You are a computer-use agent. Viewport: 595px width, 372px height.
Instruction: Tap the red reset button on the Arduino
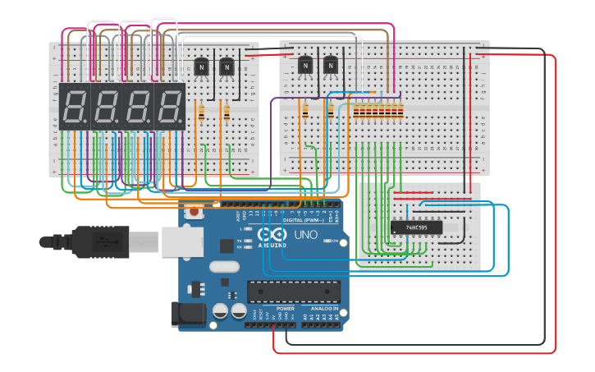click(x=194, y=212)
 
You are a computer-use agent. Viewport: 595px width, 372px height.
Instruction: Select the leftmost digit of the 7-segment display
click(x=75, y=106)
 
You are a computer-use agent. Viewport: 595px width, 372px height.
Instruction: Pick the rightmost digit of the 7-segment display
click(x=170, y=106)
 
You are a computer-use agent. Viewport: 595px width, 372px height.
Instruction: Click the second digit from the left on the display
click(x=107, y=106)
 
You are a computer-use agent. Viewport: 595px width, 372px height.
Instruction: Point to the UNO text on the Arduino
click(x=305, y=235)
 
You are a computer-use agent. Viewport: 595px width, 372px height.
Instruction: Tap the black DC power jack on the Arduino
click(x=186, y=315)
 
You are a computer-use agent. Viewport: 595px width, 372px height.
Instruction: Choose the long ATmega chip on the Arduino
click(x=293, y=292)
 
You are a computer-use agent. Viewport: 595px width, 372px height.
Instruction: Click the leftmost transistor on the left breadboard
click(x=202, y=66)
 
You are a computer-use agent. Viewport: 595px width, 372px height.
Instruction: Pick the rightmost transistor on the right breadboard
click(x=330, y=65)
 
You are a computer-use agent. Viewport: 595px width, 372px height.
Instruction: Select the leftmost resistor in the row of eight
click(x=356, y=110)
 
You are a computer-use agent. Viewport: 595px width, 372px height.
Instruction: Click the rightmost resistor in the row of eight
click(x=401, y=110)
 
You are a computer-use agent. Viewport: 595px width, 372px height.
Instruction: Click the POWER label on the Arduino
click(x=273, y=309)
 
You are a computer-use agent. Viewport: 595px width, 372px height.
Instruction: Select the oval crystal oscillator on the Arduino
click(x=224, y=265)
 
